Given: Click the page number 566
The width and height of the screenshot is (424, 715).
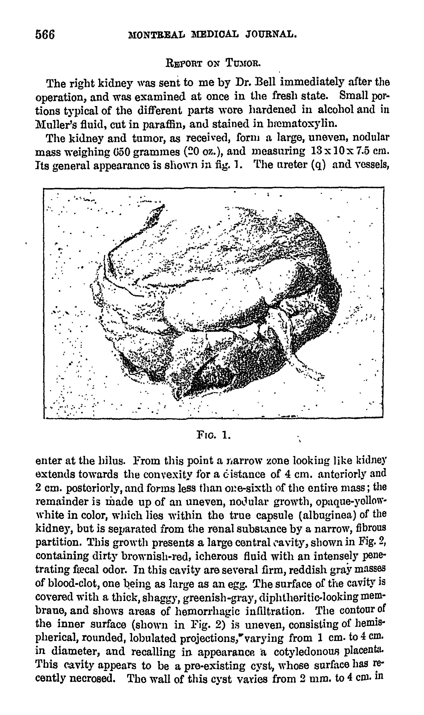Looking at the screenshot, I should click(45, 35).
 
